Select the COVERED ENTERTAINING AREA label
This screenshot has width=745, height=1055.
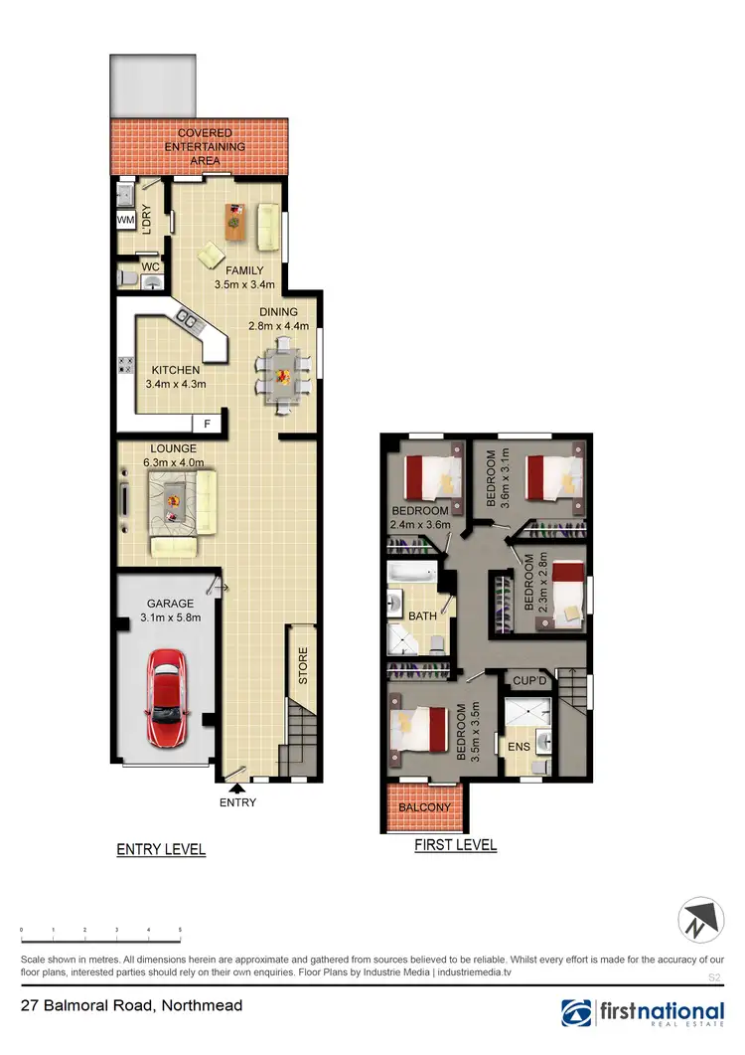[x=205, y=146]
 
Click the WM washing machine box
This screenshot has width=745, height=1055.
[x=126, y=219]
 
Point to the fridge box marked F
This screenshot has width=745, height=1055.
[x=207, y=424]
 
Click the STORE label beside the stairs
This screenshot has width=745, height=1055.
[x=303, y=666]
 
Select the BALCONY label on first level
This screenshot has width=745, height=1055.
[x=424, y=807]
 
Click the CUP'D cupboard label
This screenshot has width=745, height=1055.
[x=528, y=681]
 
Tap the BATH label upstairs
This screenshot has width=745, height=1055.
[x=423, y=616]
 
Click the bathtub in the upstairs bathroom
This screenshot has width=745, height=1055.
[x=411, y=575]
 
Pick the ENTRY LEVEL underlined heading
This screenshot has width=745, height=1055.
[x=161, y=849]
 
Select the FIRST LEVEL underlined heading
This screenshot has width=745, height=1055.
[x=455, y=845]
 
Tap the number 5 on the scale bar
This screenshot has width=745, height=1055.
[x=180, y=929]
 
